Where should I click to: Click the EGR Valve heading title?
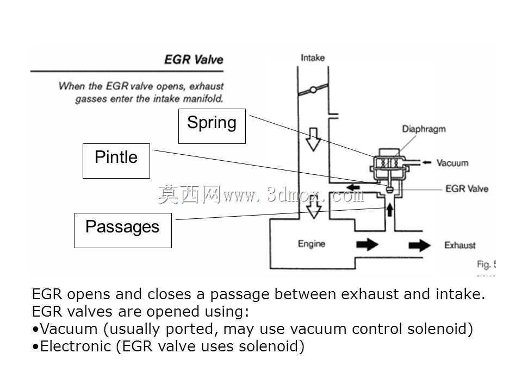point(194,60)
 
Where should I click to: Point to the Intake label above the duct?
point(313,58)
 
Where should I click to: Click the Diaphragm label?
point(424,129)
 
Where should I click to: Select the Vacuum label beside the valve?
point(452,163)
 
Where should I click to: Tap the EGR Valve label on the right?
point(467,188)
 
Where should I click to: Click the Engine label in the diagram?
point(312,244)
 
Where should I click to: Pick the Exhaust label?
point(460,245)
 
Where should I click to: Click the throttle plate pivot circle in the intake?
point(313,90)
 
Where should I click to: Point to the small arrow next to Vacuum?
point(427,162)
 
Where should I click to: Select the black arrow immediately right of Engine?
point(367,245)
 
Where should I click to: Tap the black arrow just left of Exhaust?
point(419,245)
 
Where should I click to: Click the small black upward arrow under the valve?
point(389,210)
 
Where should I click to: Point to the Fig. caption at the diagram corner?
point(486,264)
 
